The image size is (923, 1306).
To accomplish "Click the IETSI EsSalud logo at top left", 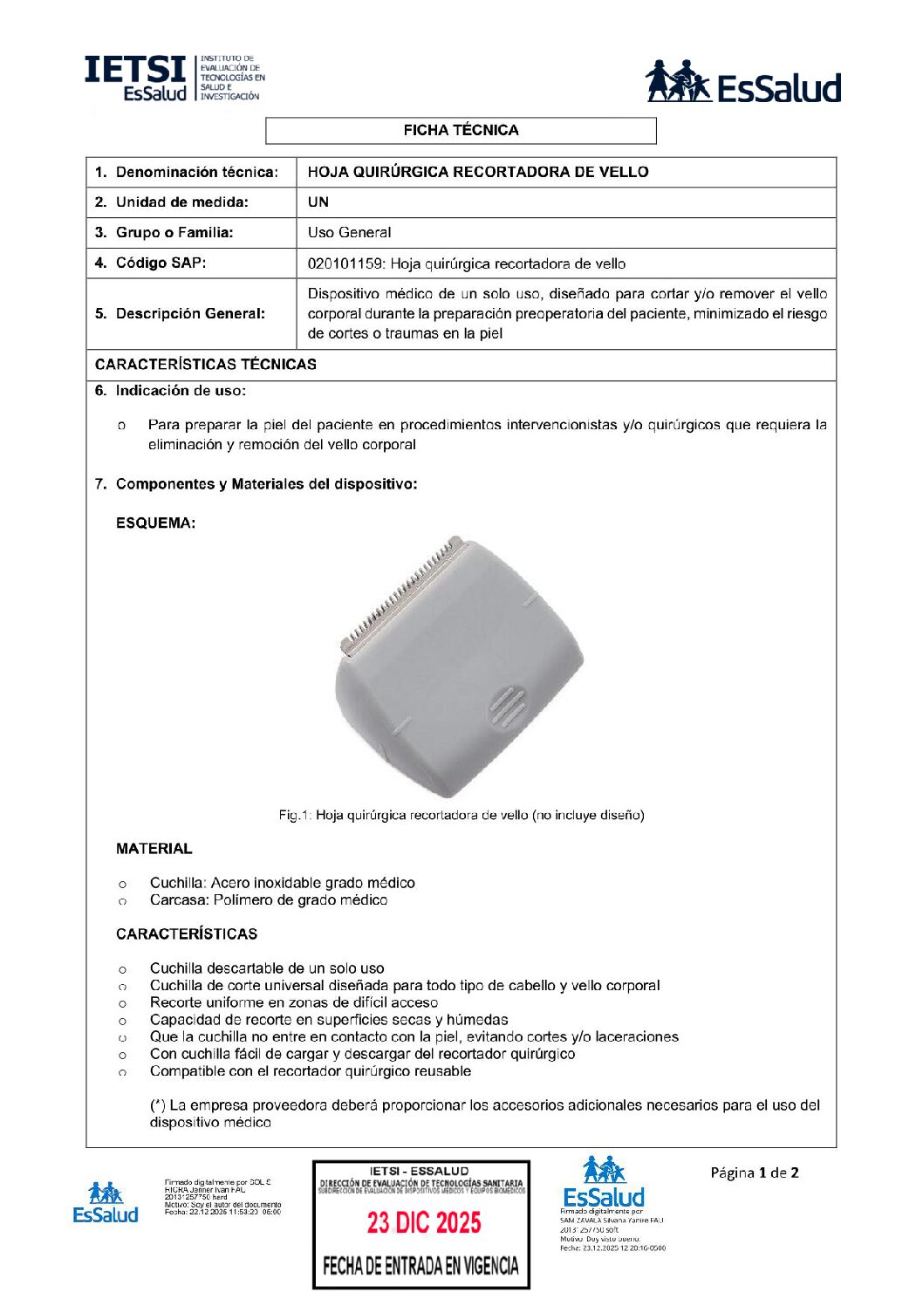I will click(174, 79).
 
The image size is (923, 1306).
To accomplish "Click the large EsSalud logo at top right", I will click(742, 82).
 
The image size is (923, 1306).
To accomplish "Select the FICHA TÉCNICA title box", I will click(461, 131).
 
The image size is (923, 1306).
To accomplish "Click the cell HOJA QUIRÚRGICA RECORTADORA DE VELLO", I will click(478, 172).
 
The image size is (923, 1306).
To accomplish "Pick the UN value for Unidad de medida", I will click(318, 202).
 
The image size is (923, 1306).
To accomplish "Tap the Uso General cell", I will click(349, 233).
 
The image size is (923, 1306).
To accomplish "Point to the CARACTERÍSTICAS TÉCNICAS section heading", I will click(206, 365).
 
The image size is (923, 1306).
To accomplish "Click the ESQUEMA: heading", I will click(155, 523).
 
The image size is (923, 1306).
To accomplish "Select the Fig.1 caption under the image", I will click(461, 816).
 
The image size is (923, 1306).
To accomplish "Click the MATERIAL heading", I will click(154, 849).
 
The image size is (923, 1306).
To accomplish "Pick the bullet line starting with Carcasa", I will click(268, 900).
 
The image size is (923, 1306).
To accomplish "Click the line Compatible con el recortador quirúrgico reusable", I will click(310, 1071).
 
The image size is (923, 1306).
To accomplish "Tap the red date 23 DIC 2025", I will click(423, 1223).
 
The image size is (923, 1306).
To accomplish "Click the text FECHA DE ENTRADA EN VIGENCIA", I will click(420, 1266).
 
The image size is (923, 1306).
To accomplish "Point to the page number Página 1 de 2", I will click(754, 1173).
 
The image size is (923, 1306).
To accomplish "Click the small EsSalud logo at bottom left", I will click(106, 1202).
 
